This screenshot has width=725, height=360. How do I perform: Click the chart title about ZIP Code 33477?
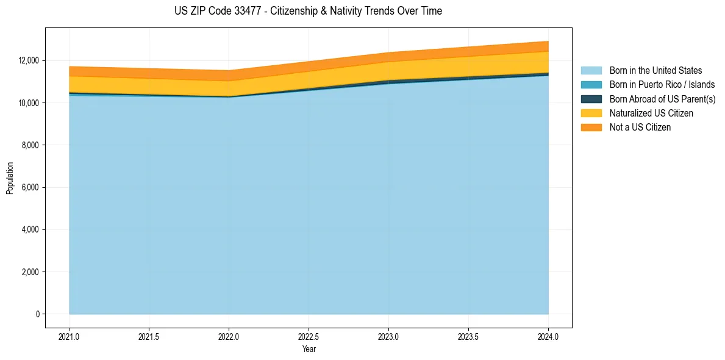pyautogui.click(x=308, y=11)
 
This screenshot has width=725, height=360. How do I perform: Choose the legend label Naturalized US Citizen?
pyautogui.click(x=651, y=113)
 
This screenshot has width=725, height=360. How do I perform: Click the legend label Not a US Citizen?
pyautogui.click(x=640, y=128)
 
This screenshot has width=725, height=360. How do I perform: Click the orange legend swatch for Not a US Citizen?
pyautogui.click(x=591, y=128)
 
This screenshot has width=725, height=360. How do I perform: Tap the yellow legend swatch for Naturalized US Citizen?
pyautogui.click(x=591, y=113)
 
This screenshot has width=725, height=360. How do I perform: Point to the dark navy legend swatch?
pyautogui.click(x=591, y=99)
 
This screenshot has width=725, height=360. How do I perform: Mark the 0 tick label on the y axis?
pyautogui.click(x=37, y=314)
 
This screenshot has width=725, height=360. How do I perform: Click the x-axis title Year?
pyautogui.click(x=309, y=349)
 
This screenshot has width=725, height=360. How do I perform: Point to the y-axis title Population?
pyautogui.click(x=10, y=178)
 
